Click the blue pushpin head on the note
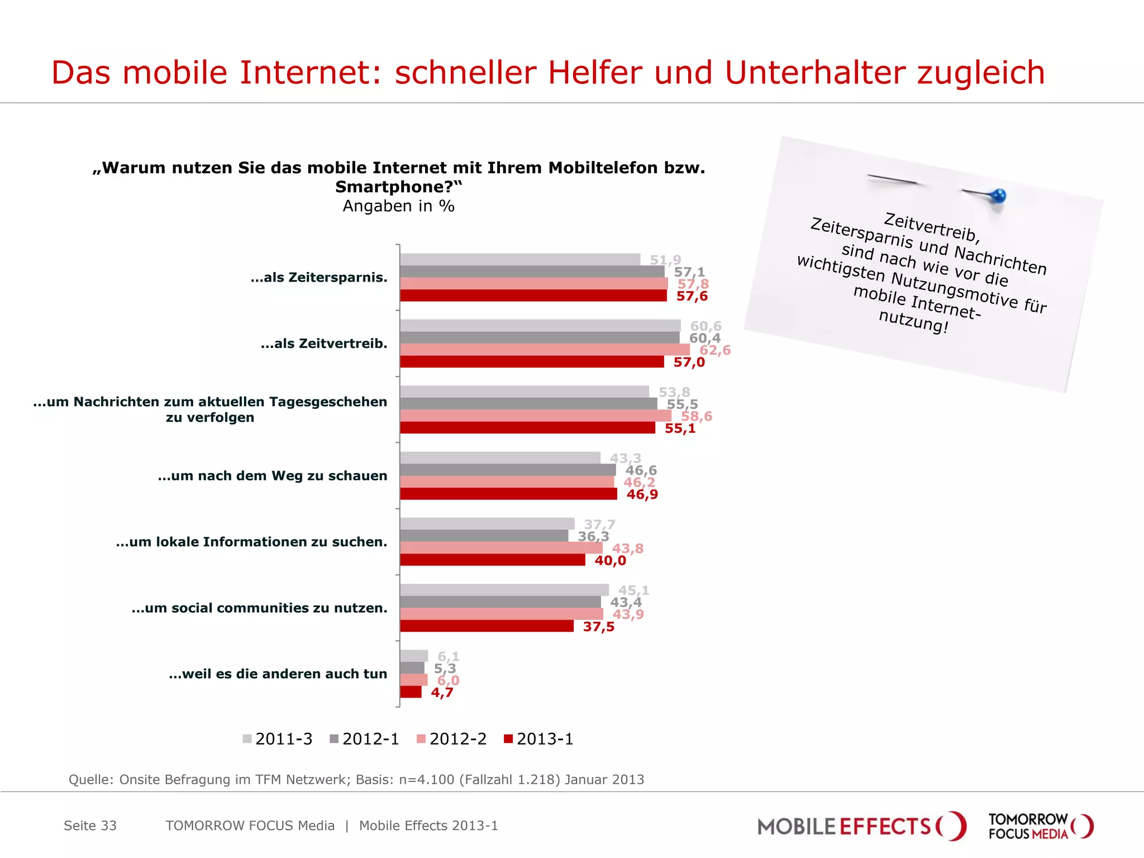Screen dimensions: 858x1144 tap(998, 196)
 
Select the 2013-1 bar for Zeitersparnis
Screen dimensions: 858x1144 tap(533, 296)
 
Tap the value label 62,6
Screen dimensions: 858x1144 tap(714, 350)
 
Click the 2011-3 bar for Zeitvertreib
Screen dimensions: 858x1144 tap(540, 326)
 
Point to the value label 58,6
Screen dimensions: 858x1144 tap(696, 416)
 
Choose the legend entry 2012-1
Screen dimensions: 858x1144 tap(365, 739)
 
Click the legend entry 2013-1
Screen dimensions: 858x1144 tap(539, 739)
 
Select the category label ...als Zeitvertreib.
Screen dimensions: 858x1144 tap(323, 344)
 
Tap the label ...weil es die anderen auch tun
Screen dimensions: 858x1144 tap(278, 674)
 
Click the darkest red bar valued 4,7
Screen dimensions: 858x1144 tap(411, 692)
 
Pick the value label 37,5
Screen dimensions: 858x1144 tap(598, 627)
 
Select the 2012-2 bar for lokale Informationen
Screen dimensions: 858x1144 tap(501, 548)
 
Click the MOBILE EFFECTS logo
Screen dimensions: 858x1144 tap(861, 826)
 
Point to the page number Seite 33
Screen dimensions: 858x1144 tap(90, 826)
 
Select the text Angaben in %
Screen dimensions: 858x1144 tap(398, 206)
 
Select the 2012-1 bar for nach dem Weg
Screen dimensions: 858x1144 tap(507, 470)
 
